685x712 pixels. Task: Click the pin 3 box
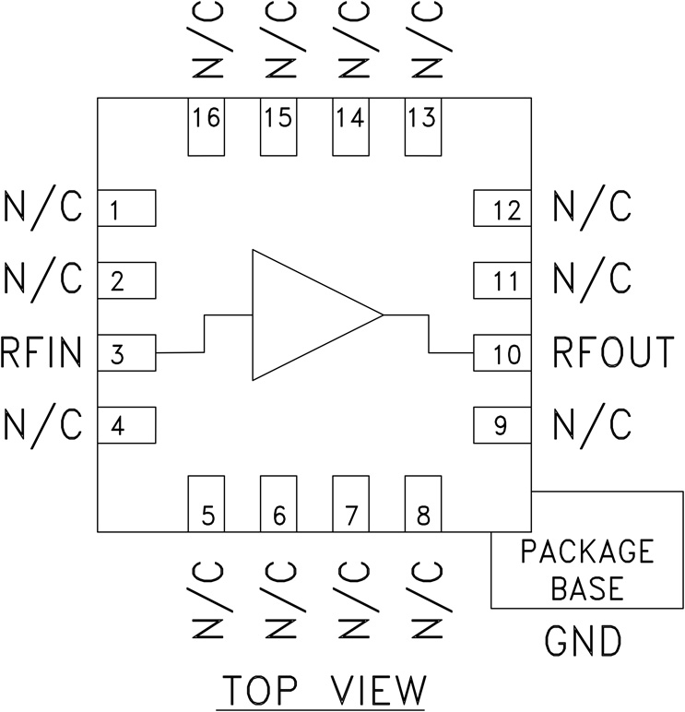pos(125,354)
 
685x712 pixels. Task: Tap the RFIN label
pos(42,353)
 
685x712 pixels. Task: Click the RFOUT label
pos(613,353)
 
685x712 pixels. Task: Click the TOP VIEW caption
pos(323,690)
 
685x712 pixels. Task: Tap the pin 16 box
pos(207,126)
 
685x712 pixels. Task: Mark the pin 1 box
pos(125,209)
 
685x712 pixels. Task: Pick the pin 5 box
pos(207,504)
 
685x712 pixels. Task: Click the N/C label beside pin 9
pos(592,425)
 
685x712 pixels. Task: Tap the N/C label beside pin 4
pos(42,425)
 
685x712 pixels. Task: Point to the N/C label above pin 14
pos(349,42)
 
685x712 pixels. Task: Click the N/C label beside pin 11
pos(592,279)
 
